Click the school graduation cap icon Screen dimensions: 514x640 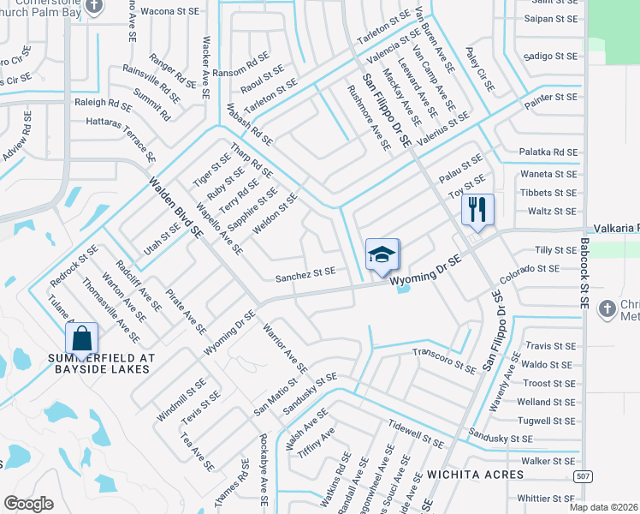(x=382, y=254)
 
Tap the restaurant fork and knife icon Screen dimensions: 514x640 (x=477, y=208)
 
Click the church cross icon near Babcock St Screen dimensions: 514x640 (x=607, y=308)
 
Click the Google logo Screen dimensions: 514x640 (x=28, y=504)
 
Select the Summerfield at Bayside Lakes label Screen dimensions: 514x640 (x=82, y=362)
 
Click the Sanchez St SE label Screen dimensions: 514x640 (x=305, y=275)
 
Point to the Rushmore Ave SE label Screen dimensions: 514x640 (x=369, y=118)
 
